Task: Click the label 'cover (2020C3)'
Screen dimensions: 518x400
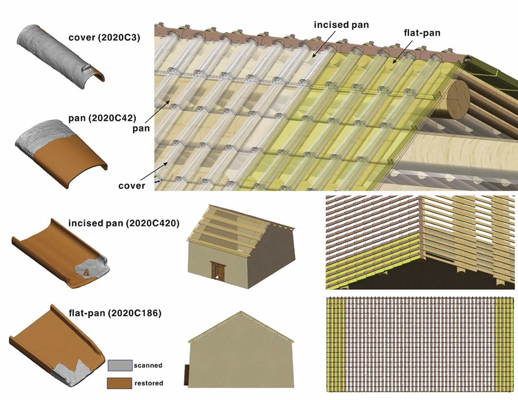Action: point(104,38)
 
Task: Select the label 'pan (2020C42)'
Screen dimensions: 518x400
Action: point(102,119)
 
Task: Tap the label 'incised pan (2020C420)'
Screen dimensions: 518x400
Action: point(124,223)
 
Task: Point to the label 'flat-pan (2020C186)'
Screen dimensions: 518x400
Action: point(115,313)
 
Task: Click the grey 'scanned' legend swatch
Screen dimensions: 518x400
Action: point(120,365)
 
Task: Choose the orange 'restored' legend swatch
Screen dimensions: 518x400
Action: point(119,383)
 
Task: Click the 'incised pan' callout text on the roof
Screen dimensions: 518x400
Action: point(341,25)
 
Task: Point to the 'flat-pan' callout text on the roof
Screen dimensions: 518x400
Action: point(422,33)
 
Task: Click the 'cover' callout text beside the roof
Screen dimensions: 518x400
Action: point(132,186)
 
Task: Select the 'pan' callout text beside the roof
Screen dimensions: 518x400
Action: point(141,129)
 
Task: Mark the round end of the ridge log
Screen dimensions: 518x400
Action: point(458,98)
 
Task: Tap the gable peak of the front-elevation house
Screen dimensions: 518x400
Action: point(241,312)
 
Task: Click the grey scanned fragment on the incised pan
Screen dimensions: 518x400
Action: point(92,267)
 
